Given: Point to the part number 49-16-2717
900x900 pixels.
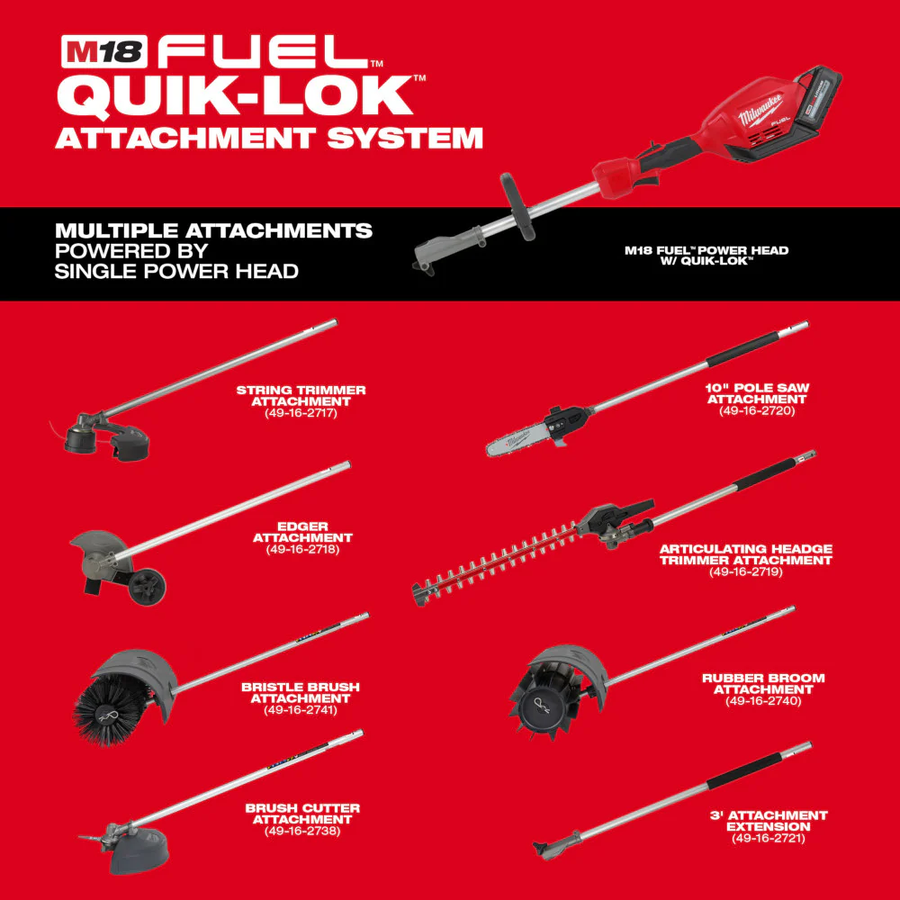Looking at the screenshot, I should pyautogui.click(x=301, y=413).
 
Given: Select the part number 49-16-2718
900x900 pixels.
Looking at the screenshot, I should pyautogui.click(x=302, y=549).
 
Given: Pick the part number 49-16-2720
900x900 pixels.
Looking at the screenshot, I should pyautogui.click(x=757, y=410).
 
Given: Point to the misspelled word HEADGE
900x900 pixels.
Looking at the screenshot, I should pyautogui.click(x=799, y=548).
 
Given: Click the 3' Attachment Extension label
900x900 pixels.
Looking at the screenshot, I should pyautogui.click(x=769, y=821).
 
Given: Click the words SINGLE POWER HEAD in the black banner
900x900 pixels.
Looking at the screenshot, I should pyautogui.click(x=176, y=270).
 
